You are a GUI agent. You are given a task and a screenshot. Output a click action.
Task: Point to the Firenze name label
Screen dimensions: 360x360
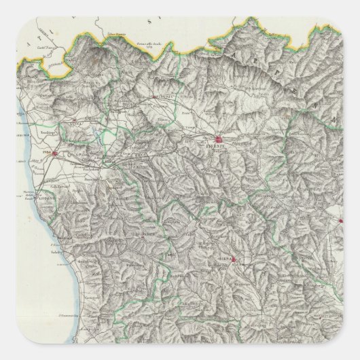pyautogui.click(x=216, y=148)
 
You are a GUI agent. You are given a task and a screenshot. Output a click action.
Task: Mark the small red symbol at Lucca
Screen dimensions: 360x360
pyautogui.click(x=71, y=122)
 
